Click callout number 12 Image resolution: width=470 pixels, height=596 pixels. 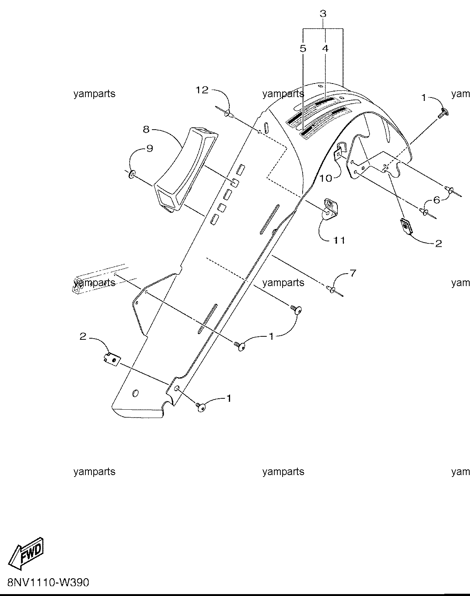click(x=202, y=90)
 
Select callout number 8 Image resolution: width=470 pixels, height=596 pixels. click(x=146, y=129)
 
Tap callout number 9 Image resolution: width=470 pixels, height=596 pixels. click(x=150, y=149)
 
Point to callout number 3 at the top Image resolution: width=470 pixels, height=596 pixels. click(x=323, y=14)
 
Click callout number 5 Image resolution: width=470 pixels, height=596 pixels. click(x=303, y=48)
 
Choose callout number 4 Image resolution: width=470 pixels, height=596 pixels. click(x=325, y=48)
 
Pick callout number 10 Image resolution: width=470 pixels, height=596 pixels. click(x=326, y=178)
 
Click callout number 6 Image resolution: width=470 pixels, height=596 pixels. click(x=436, y=200)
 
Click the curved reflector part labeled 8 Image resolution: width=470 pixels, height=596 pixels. click(x=185, y=169)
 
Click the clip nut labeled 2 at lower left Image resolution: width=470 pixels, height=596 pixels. click(x=112, y=359)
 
